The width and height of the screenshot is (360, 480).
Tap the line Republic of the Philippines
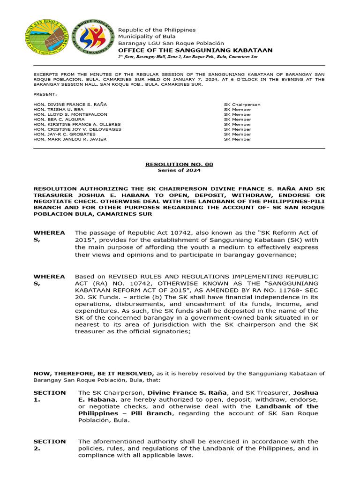coord(157,30)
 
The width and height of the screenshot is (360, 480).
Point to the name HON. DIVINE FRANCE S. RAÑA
coord(70,105)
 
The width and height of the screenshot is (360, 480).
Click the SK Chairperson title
coord(242,105)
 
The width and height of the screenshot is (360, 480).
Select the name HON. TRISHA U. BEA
coord(59,109)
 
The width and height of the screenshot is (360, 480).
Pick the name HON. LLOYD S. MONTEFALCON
coord(70,114)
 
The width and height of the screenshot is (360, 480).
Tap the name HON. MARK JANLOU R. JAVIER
coord(70,139)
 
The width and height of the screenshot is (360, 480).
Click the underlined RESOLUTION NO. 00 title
coord(179,164)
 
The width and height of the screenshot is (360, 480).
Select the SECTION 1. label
coord(49,396)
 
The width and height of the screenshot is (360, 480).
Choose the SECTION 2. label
coord(49,445)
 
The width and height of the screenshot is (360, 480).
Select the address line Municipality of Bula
coord(147,36)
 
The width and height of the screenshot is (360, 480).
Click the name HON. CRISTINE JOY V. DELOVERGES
coord(77,129)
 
